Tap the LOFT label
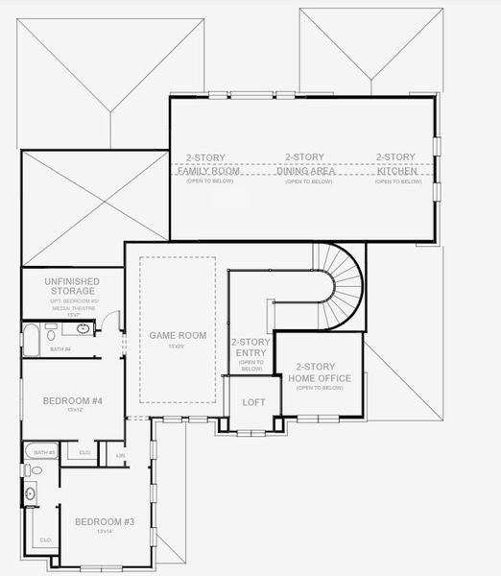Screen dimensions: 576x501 click(x=253, y=402)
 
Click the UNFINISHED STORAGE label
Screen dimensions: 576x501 click(x=70, y=286)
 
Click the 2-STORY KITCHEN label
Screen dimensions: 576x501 click(x=394, y=163)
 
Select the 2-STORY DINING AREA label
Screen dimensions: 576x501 click(x=304, y=163)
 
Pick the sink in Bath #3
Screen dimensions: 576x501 click(x=31, y=494)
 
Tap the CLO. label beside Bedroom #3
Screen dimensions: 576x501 click(x=45, y=540)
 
